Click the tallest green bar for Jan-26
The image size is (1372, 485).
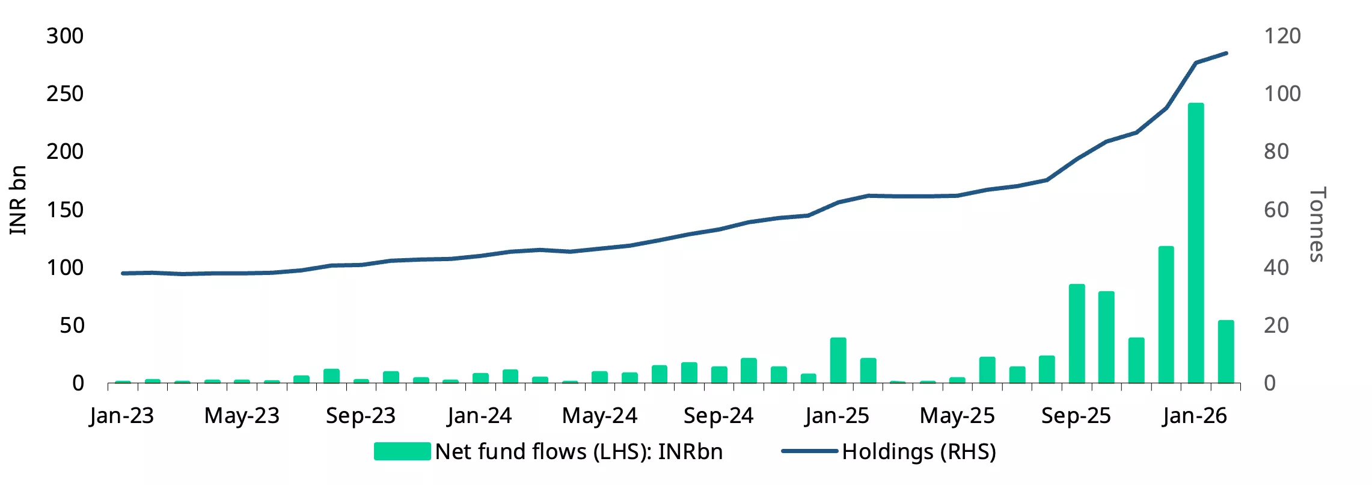click(x=1196, y=243)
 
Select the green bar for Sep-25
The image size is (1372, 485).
click(x=1077, y=333)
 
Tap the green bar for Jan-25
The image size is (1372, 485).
click(x=838, y=360)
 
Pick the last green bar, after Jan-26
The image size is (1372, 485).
click(x=1226, y=351)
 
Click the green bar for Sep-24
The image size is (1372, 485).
click(x=719, y=375)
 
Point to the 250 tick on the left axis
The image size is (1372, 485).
click(x=65, y=94)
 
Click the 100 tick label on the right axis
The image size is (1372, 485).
click(x=1282, y=94)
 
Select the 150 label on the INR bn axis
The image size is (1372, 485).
click(x=65, y=210)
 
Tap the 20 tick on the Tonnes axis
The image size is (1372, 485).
click(x=1276, y=326)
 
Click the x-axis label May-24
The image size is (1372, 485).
click(x=599, y=416)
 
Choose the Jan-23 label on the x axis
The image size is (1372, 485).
click(x=122, y=416)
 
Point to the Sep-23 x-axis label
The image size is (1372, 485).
click(x=361, y=416)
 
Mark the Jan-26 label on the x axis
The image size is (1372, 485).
click(x=1195, y=416)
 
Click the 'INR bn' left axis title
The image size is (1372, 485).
click(x=18, y=200)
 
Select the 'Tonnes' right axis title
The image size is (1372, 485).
click(x=1317, y=224)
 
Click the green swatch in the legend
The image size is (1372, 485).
click(x=402, y=451)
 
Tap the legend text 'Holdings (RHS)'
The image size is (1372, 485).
click(x=919, y=452)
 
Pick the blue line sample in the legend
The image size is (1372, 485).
click(x=809, y=451)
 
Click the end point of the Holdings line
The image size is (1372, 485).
click(x=1226, y=53)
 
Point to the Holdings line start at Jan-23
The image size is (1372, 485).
click(x=123, y=273)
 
